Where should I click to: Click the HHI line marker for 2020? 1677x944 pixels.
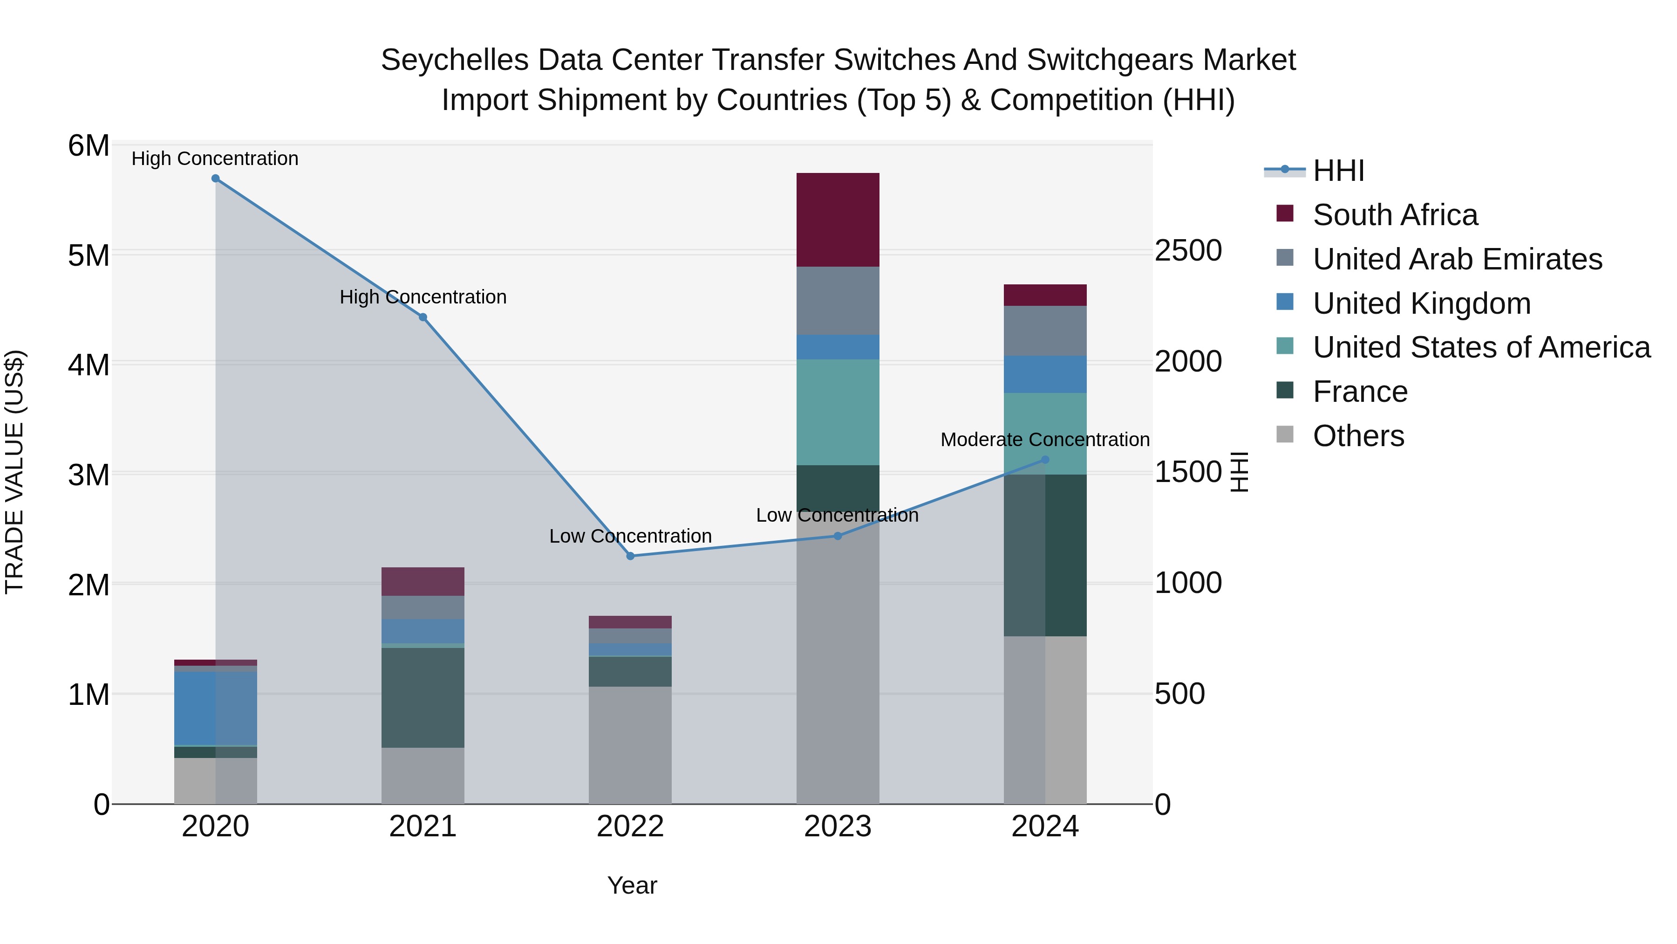point(216,179)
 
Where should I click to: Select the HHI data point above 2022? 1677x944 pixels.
point(630,556)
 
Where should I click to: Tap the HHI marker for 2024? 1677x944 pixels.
point(1045,459)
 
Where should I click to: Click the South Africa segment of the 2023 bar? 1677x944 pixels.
point(838,220)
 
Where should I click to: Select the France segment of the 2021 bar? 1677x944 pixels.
point(423,697)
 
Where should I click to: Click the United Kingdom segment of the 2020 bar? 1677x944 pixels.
point(216,708)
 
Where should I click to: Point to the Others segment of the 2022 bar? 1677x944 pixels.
point(630,744)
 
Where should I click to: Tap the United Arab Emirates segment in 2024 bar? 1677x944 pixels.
point(1045,331)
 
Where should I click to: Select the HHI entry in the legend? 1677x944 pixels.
point(1338,171)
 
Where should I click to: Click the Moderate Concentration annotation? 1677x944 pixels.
point(1045,440)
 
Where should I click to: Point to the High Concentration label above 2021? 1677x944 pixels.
point(423,297)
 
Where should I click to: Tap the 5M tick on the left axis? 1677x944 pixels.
point(89,255)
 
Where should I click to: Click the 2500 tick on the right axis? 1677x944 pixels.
point(1188,251)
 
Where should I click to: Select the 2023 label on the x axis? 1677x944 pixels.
point(838,827)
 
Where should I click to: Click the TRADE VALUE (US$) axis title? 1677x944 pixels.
point(14,472)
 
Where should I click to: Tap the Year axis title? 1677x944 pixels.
point(632,885)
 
